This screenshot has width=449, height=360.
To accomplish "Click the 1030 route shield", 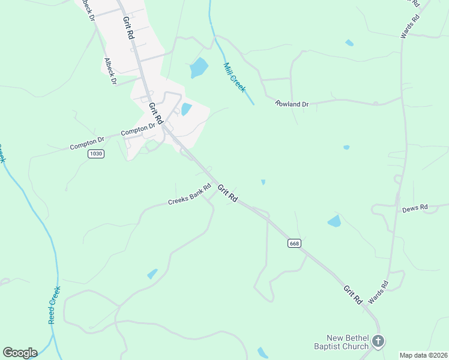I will tap(95, 154).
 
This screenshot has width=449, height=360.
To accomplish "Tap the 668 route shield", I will tap(294, 243).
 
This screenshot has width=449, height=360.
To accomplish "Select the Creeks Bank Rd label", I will tap(190, 194).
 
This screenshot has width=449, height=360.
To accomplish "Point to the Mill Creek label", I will tap(234, 77).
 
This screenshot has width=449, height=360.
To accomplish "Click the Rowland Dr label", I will tap(292, 104).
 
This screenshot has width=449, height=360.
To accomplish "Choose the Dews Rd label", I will tap(415, 208).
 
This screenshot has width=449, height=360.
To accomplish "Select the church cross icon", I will tap(378, 341).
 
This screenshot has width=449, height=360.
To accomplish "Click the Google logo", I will tap(20, 353).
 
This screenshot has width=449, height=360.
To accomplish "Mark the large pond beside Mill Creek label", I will tap(199, 68).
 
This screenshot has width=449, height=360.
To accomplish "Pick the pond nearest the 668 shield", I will tap(334, 221).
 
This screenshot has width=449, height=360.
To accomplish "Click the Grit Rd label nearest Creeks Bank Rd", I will tap(228, 193).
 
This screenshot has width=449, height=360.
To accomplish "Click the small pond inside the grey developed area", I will tap(186, 109).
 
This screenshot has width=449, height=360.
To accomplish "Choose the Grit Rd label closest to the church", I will tap(352, 293).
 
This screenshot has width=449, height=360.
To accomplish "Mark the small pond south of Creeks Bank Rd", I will tap(152, 274).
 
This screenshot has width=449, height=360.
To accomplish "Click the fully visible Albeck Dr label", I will tap(110, 71).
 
